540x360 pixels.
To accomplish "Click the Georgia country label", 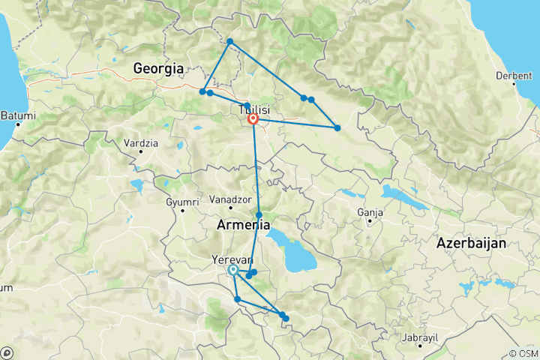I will click(158, 68).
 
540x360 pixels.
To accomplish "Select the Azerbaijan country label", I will click(472, 243).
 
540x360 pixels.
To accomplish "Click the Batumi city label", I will click(18, 115).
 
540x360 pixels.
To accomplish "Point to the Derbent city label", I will click(514, 76).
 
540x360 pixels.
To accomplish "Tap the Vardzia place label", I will click(140, 142).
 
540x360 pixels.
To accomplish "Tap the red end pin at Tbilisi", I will click(253, 118).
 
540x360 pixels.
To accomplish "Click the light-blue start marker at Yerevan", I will click(233, 269).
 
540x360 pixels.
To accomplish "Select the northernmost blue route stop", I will click(229, 41).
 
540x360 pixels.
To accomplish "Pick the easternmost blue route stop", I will click(337, 128).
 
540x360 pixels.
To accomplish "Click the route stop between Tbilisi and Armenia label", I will click(259, 214).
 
